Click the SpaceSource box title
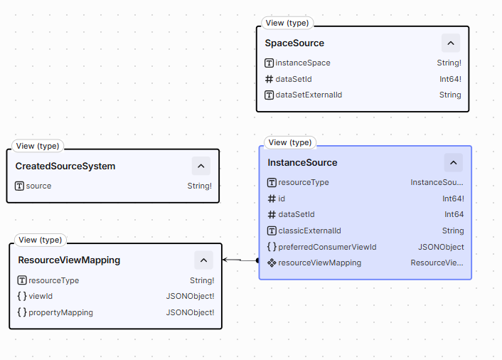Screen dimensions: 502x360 pyautogui.click(x=294, y=43)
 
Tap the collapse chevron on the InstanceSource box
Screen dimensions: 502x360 pyautogui.click(x=454, y=163)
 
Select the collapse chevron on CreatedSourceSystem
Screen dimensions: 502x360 pyautogui.click(x=201, y=166)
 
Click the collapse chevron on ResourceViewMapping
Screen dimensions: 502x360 pyautogui.click(x=203, y=260)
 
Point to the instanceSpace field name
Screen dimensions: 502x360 pyautogui.click(x=302, y=63)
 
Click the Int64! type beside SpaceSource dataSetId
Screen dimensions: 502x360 pyautogui.click(x=450, y=79)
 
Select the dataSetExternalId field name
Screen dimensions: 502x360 pyautogui.click(x=309, y=95)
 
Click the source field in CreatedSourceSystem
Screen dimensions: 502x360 pyautogui.click(x=38, y=186)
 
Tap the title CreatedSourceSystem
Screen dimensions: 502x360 pyautogui.click(x=65, y=166)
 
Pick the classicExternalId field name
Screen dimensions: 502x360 pyautogui.click(x=309, y=231)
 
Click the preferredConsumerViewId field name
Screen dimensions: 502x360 pyautogui.click(x=327, y=247)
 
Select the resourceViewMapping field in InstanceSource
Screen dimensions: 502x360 pyautogui.click(x=319, y=263)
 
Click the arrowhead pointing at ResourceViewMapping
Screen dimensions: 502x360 pyautogui.click(x=225, y=260)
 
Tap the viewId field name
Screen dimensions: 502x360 pyautogui.click(x=41, y=296)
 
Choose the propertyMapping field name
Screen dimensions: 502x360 pyautogui.click(x=60, y=312)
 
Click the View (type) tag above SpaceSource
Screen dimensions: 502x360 pyautogui.click(x=287, y=23)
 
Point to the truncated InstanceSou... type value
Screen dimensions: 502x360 pyautogui.click(x=437, y=182)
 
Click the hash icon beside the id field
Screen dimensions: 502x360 pyautogui.click(x=272, y=199)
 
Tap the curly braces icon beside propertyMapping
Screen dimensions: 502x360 pyautogui.click(x=22, y=312)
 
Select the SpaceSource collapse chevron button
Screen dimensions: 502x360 pyautogui.click(x=451, y=43)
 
